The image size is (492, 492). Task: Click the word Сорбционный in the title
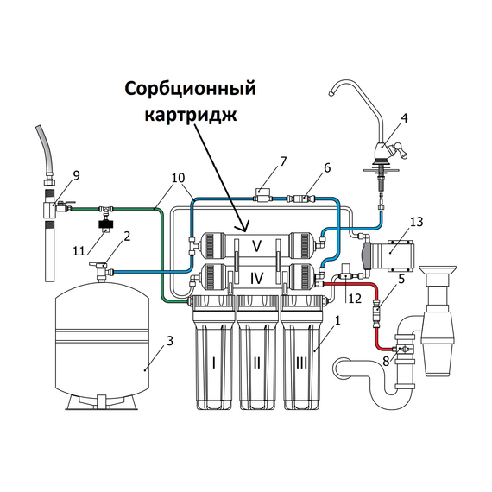(191, 90)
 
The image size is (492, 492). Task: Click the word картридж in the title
(191, 114)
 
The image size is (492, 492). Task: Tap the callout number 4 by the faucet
(405, 120)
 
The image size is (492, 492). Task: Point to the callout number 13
(417, 223)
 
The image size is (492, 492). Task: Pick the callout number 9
(77, 176)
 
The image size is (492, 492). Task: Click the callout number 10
(179, 178)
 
